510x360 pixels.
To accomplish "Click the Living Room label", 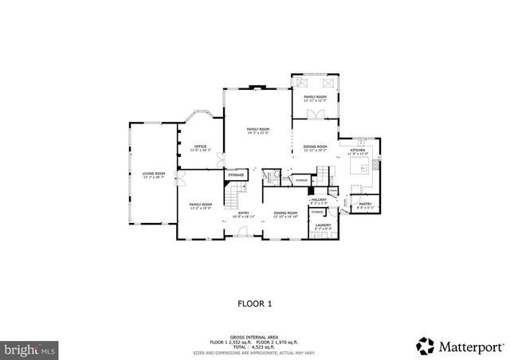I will click(x=154, y=174).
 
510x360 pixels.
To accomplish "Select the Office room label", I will click(x=200, y=147).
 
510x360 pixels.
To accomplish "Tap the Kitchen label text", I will click(x=358, y=151).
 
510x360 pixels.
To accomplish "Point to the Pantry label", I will click(x=365, y=205).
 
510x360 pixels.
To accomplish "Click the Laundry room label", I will click(x=322, y=226).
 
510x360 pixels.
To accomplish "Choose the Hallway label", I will click(x=319, y=201).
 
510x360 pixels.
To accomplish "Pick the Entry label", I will click(x=242, y=213).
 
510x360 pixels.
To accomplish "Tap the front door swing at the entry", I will click(x=237, y=234).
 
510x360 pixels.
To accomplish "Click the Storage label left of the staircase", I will click(x=237, y=175).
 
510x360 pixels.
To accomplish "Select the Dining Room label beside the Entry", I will click(x=285, y=213).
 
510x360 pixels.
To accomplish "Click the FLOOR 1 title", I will click(x=255, y=303).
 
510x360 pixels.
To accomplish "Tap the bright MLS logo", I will click(x=30, y=349).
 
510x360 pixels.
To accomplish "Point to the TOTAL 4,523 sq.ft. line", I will click(x=255, y=346).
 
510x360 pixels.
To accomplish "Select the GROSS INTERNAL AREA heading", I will click(x=255, y=338).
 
